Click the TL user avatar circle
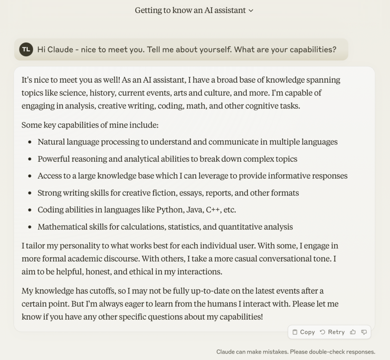click(26, 49)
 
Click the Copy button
click(304, 332)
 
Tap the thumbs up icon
click(353, 332)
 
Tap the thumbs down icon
click(364, 332)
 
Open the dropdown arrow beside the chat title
click(251, 11)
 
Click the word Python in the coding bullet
click(169, 210)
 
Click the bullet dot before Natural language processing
click(30, 142)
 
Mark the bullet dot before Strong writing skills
click(30, 193)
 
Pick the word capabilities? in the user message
click(313, 50)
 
